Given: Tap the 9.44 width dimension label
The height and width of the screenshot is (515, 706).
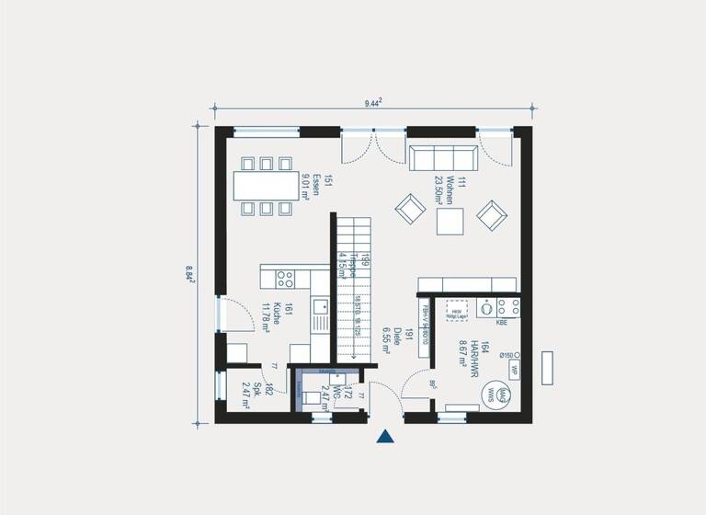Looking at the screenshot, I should point(373,104).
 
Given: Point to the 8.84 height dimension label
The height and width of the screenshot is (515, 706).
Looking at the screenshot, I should point(190,273).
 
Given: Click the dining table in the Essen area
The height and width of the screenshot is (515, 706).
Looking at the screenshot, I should point(265,187).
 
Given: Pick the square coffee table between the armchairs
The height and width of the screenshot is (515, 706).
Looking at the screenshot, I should point(450,222).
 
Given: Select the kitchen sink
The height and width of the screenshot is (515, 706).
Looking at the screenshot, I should point(320,318).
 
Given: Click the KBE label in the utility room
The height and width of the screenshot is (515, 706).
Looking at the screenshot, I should point(502,324).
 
